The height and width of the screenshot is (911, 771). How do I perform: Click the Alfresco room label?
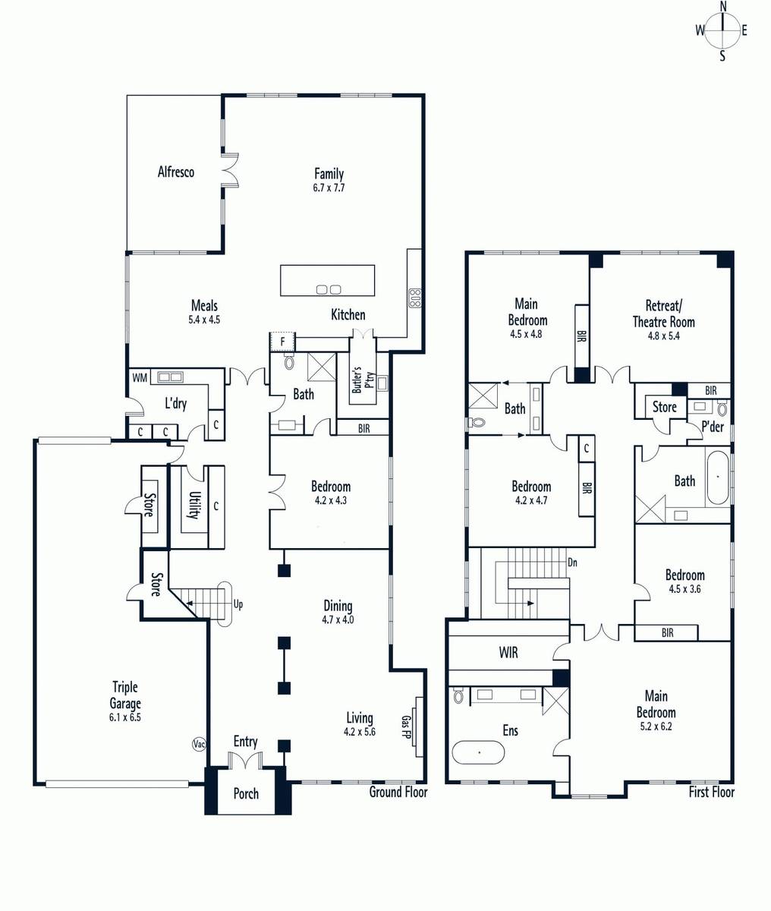[x=176, y=172]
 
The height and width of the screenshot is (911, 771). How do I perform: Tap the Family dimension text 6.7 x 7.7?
[x=329, y=188]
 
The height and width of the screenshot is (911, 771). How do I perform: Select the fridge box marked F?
[x=282, y=342]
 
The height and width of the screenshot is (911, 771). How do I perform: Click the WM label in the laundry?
[x=139, y=378]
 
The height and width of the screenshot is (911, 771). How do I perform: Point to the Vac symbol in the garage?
[x=199, y=744]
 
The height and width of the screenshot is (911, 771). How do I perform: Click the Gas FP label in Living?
[x=406, y=727]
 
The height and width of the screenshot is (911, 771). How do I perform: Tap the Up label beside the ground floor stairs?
[x=238, y=604]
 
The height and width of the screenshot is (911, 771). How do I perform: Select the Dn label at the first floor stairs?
[x=572, y=563]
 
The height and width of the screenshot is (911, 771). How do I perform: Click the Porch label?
[x=246, y=794]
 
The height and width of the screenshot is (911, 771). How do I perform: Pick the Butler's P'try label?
[x=363, y=379]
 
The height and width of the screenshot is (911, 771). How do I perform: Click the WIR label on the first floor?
[x=508, y=653]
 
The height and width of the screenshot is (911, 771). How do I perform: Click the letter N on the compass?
[x=722, y=6]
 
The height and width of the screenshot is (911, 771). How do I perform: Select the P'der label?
[x=713, y=427]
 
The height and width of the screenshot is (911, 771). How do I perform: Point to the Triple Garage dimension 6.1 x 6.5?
[x=125, y=717]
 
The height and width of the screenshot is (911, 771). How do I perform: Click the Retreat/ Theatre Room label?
[x=663, y=314]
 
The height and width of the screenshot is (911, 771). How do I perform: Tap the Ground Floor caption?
[x=398, y=792]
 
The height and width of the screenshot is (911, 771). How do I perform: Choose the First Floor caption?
[x=712, y=792]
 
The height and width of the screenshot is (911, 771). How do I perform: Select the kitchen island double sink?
[x=329, y=289]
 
